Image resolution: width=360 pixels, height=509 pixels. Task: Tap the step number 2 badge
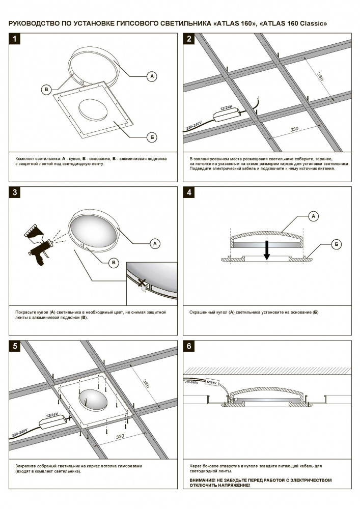(x=189, y=39)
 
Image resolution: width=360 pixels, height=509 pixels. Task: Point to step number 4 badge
(x=189, y=193)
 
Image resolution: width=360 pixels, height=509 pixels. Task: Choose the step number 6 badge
(x=189, y=347)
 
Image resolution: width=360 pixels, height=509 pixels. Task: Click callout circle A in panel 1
(x=151, y=76)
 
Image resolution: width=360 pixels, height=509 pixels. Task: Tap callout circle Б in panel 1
(x=151, y=137)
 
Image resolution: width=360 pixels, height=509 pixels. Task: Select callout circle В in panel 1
(x=46, y=90)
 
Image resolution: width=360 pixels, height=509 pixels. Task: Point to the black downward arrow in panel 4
(x=266, y=250)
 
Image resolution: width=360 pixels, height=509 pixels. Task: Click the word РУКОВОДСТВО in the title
(x=34, y=23)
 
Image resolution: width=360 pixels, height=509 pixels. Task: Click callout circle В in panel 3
(x=114, y=263)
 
